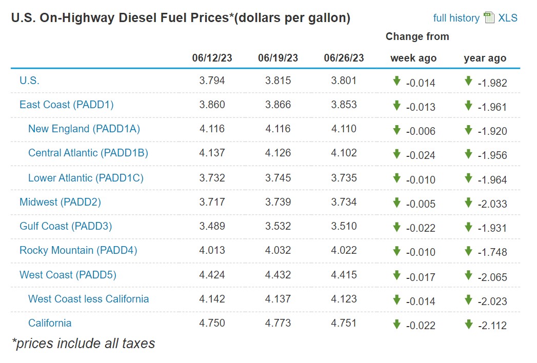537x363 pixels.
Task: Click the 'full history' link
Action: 456,18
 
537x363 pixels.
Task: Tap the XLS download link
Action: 507,18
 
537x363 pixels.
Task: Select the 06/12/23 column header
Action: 212,58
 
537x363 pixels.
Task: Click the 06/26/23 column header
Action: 344,58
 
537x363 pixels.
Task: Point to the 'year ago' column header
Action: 485,58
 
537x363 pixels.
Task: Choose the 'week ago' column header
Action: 413,58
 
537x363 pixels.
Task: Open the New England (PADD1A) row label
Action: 84,129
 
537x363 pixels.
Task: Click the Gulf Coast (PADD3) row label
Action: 66,226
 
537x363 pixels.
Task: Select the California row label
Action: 50,323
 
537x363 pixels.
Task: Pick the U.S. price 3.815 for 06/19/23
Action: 278,80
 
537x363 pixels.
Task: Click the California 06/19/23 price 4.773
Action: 278,323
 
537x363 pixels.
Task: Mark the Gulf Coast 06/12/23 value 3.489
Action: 212,226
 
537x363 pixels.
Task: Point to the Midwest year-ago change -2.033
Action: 492,204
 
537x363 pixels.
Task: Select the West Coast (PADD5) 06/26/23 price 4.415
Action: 344,275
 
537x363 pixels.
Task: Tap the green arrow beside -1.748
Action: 468,251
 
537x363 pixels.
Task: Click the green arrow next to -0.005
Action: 396,203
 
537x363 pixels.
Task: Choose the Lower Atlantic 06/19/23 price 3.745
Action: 278,178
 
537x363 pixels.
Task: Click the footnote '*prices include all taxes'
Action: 83,344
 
